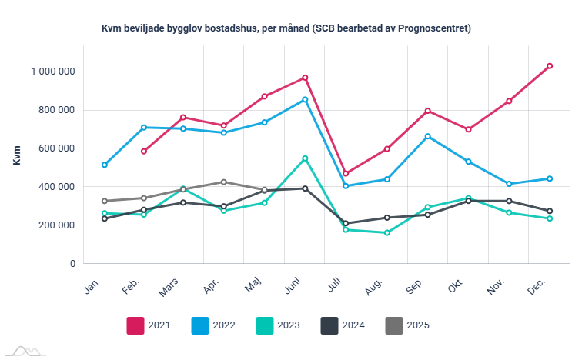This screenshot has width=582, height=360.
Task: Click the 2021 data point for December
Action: [x=549, y=66]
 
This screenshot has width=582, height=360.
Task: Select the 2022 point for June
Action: [x=305, y=99]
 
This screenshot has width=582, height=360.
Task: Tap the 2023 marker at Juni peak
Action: [x=305, y=158]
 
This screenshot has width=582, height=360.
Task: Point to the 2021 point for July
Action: [x=346, y=174]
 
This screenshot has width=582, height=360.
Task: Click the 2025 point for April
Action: [x=224, y=182]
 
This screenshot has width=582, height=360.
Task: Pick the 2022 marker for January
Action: [x=104, y=165]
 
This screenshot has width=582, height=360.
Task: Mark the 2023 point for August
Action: [x=386, y=232]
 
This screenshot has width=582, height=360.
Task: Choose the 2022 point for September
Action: [x=427, y=136]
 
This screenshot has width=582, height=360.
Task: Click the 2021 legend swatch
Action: [x=135, y=325]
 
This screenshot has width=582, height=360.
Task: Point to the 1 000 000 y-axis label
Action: [x=52, y=72]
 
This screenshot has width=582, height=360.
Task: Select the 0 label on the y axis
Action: [x=72, y=264]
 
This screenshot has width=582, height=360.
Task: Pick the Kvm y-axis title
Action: [x=17, y=155]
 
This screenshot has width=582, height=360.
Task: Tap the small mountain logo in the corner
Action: [x=22, y=352]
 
